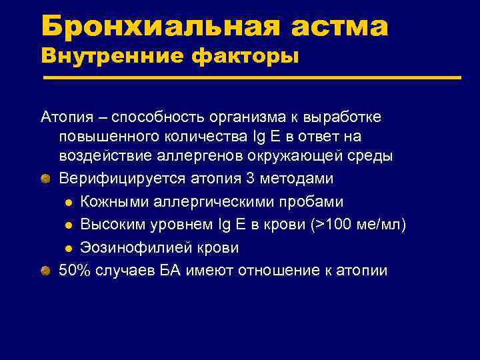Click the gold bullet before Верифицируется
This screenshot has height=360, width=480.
(x=44, y=179)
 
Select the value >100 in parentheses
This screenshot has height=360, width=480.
(x=329, y=225)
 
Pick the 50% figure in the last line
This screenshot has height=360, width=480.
(x=73, y=270)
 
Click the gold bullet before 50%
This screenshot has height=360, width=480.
(x=44, y=270)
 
